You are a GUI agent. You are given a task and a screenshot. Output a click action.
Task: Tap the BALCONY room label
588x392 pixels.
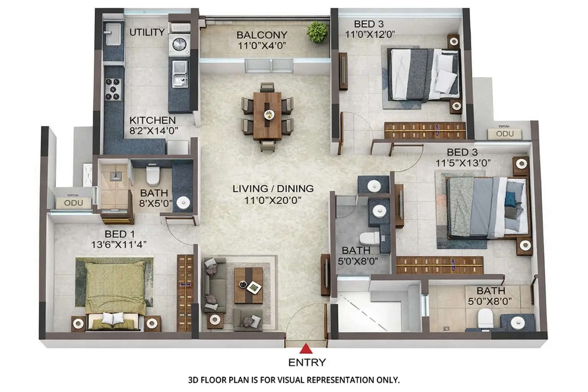click(262, 35)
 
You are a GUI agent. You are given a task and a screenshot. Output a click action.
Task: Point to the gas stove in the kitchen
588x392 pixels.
click(113, 90)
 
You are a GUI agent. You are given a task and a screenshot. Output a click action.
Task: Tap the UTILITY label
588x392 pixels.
click(147, 32)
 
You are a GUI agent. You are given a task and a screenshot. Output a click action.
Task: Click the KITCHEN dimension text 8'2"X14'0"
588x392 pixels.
click(154, 131)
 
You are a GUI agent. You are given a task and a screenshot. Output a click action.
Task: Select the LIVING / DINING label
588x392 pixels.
click(273, 188)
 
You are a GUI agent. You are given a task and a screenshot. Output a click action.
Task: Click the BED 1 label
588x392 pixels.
click(119, 234)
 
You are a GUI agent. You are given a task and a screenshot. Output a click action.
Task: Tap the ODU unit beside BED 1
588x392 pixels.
click(73, 203)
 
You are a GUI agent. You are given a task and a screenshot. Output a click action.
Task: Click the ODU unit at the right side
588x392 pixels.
click(505, 134)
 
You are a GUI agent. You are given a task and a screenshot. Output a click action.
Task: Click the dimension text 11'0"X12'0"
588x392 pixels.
click(370, 34)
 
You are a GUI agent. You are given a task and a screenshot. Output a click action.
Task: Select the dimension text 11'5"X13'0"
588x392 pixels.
click(463, 163)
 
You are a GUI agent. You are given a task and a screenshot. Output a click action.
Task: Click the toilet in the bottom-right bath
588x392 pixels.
click(485, 318)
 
